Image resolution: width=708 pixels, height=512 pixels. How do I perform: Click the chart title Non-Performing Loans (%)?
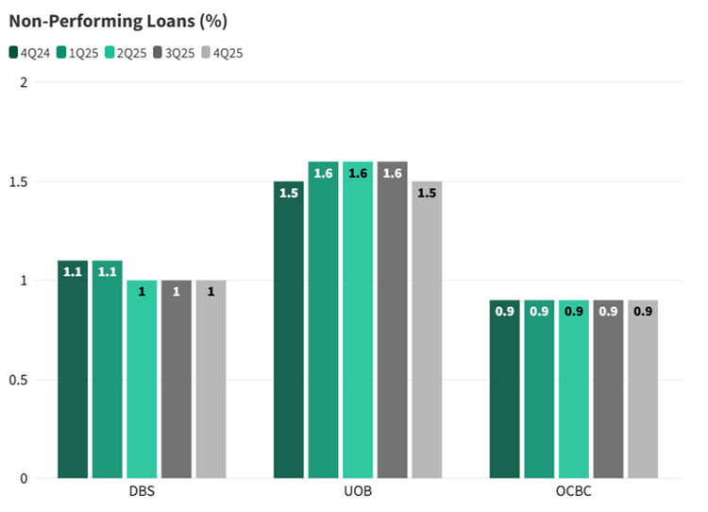coord(118,19)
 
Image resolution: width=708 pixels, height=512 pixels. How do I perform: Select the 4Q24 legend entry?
coord(29,53)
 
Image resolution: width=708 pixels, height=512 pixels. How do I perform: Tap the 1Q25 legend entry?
coord(77,53)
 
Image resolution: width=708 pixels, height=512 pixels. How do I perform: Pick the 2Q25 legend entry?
coord(126,53)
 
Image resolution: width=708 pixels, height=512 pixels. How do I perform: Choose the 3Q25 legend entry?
coord(175,53)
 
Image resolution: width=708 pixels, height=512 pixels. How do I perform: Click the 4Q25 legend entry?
coord(223,53)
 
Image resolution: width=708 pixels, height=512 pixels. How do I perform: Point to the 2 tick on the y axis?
coord(24,82)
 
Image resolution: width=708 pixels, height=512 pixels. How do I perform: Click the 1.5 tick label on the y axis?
coord(18,181)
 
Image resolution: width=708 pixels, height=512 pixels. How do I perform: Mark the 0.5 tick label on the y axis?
coord(18,380)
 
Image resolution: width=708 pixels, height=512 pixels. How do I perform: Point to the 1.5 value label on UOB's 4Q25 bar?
coord(427,193)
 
